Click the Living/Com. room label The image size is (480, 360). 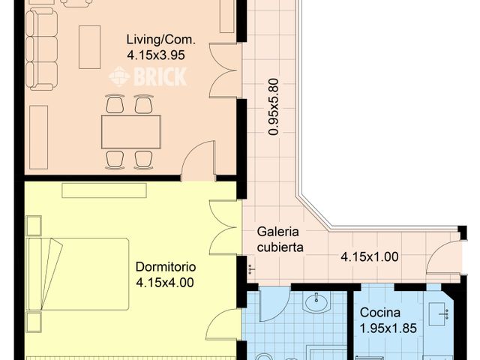(x=161, y=40)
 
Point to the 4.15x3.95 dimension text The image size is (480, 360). (x=156, y=55)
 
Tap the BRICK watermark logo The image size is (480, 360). (x=148, y=76)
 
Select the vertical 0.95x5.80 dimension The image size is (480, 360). (x=273, y=106)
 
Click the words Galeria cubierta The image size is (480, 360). (x=280, y=239)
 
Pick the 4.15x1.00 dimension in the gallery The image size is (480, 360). (x=370, y=256)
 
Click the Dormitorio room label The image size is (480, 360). (x=166, y=267)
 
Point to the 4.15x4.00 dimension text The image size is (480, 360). (x=165, y=282)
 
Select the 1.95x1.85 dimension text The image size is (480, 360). (x=388, y=328)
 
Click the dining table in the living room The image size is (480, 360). (x=131, y=132)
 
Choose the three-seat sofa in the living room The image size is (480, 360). (x=41, y=49)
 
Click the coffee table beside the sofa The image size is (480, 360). (x=90, y=46)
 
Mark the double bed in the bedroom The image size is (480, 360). (x=77, y=274)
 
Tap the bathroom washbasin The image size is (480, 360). (x=316, y=302)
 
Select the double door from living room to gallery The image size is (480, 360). (x=223, y=70)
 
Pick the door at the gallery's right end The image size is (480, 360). (x=444, y=256)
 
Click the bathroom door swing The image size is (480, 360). (x=274, y=304)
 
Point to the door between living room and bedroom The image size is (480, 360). (x=198, y=160)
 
